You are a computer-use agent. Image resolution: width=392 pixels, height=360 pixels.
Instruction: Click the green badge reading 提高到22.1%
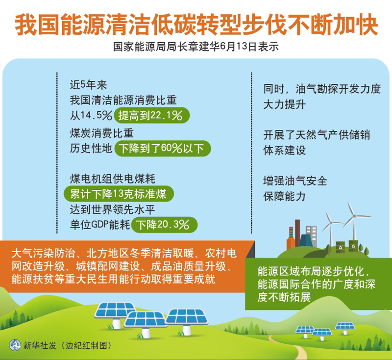[151, 115]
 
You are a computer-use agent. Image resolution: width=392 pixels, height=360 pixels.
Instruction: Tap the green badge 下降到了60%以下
[163, 148]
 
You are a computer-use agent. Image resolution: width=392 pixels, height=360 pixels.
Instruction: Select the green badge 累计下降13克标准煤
[119, 194]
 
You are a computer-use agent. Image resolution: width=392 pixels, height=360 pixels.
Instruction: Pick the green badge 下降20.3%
[164, 225]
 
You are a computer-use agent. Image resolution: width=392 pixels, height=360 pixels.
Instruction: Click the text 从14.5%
[91, 115]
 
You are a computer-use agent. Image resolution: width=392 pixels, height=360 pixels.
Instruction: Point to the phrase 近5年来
[89, 85]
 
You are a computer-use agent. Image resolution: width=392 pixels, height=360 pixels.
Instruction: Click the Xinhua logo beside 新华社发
[15, 345]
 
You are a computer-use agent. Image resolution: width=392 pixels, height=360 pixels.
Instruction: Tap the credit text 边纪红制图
[86, 346]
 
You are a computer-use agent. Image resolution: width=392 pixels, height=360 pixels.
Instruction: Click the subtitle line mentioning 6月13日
[196, 47]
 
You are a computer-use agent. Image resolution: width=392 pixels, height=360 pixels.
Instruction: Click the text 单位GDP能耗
[100, 225]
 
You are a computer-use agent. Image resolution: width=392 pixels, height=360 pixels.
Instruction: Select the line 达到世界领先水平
[113, 209]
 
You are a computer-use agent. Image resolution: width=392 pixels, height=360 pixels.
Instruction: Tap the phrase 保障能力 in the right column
[285, 197]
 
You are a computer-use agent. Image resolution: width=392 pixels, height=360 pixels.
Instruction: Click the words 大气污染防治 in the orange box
[43, 254]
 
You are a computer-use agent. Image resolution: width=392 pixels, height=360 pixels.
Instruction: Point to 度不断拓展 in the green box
[285, 297]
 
